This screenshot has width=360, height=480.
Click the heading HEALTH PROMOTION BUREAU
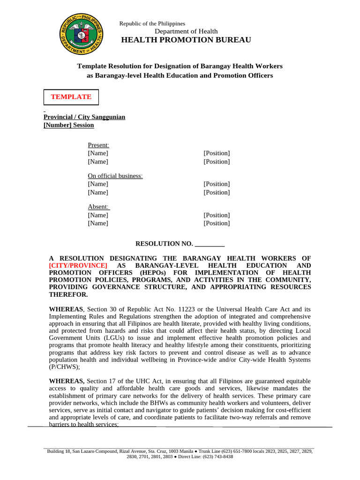click(x=186, y=40)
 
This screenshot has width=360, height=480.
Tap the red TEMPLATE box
click(x=71, y=97)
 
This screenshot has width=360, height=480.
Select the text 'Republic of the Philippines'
click(x=152, y=23)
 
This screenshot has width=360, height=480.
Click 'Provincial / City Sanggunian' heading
click(x=84, y=117)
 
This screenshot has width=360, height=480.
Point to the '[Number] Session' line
click(x=68, y=125)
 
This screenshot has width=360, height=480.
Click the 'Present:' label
click(x=98, y=145)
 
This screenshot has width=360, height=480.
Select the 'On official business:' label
click(x=115, y=176)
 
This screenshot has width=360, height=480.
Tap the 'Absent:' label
click(x=98, y=207)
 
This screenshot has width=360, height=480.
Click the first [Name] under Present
click(x=98, y=153)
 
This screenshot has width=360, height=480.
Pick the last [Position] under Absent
click(x=217, y=223)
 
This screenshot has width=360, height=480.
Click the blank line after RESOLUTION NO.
click(x=210, y=244)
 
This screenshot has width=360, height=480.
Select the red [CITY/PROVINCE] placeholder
click(x=78, y=265)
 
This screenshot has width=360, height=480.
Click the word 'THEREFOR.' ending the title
click(x=68, y=294)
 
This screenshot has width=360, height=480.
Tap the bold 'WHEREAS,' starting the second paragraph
click(x=67, y=381)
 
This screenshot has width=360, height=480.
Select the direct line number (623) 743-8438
click(x=218, y=457)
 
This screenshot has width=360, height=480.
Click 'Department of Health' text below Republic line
click(x=186, y=31)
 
